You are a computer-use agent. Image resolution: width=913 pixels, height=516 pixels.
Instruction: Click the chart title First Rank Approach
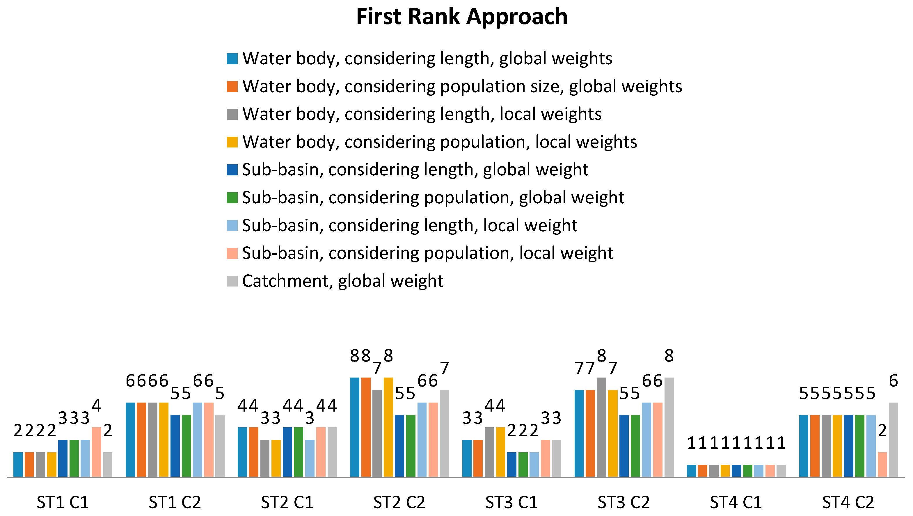point(461,17)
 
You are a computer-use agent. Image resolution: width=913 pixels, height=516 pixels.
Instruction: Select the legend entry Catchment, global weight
point(342,281)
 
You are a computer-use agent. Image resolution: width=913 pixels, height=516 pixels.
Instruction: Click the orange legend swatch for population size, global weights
point(232,86)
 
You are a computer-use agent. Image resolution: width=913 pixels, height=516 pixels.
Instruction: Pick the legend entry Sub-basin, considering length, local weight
point(409,225)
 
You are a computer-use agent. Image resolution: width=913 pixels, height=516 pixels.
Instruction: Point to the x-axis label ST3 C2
point(624,502)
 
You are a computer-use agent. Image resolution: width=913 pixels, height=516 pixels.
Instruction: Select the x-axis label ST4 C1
point(736,502)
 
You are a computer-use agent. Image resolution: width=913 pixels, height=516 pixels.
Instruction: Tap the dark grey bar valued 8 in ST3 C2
point(601,427)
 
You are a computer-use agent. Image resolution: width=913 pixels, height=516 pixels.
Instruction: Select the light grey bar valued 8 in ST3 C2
point(669,427)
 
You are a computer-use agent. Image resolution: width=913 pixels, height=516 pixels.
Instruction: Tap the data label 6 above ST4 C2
point(894,381)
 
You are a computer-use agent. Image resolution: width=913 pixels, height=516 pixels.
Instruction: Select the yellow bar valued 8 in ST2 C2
point(388,427)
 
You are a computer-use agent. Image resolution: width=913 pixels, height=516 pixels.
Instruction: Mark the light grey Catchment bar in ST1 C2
point(220,446)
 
